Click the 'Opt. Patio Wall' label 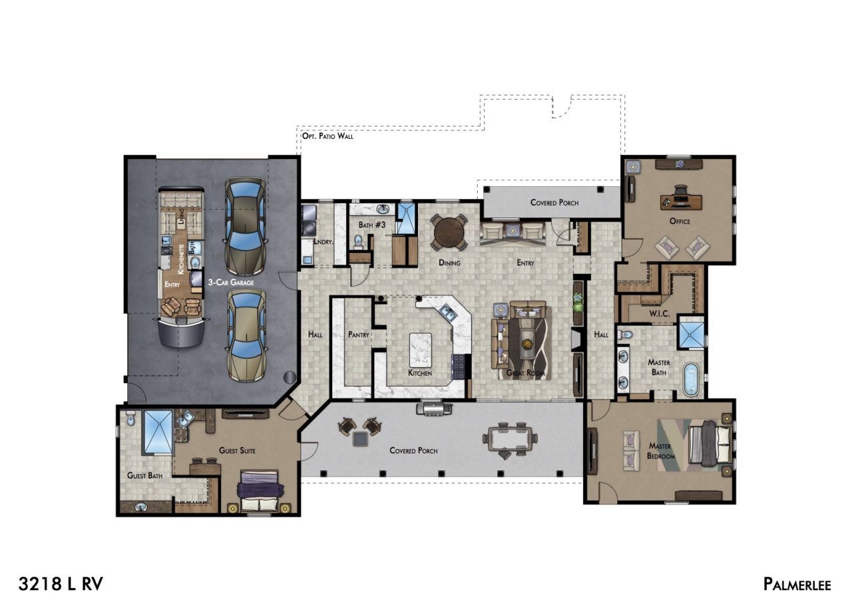click(327, 136)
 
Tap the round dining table click(449, 232)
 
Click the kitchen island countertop click(421, 349)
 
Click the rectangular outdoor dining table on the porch click(509, 438)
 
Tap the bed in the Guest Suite click(260, 490)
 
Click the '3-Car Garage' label click(231, 283)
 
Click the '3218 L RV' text click(61, 584)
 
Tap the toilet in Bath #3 click(358, 242)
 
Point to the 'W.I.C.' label click(660, 314)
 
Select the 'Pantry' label click(359, 335)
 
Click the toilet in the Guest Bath click(130, 418)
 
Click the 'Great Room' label click(526, 373)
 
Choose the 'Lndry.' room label click(323, 241)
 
